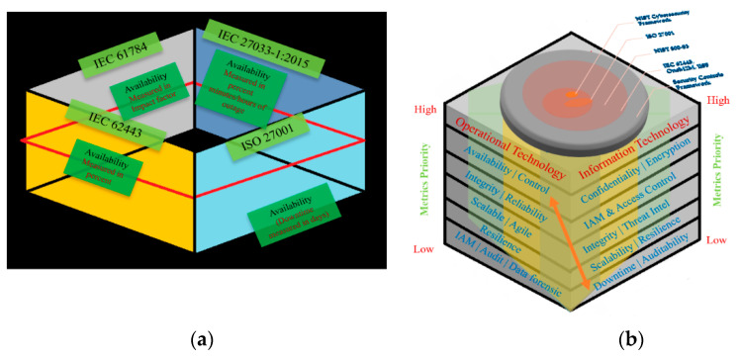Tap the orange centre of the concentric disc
pos(576,98)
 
